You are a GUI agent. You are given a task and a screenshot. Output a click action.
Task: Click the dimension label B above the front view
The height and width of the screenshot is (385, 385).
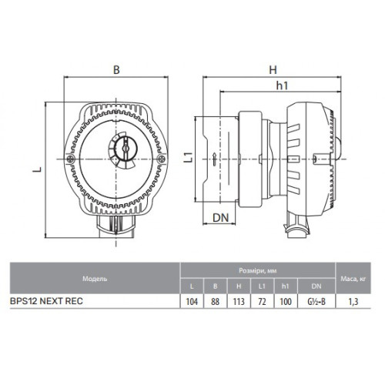116,70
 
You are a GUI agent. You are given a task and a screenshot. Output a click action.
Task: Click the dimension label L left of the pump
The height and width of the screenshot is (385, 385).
38,169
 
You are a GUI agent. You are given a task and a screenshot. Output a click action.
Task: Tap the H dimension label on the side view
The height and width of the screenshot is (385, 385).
273,70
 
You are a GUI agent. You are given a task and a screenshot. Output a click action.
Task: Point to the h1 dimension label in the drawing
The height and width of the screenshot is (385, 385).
282,85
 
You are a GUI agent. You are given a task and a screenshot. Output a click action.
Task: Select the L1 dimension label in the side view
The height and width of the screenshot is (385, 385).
189,157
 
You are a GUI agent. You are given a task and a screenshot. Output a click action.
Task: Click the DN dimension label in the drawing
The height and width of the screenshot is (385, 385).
221,218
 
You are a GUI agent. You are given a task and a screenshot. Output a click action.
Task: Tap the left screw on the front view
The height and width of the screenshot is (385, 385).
70,159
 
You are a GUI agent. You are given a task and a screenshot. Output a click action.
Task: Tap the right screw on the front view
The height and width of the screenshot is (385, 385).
162,159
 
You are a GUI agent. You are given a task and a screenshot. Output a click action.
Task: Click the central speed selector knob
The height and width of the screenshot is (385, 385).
126,149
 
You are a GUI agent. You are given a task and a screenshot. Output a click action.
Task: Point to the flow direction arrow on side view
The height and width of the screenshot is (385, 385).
214,159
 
